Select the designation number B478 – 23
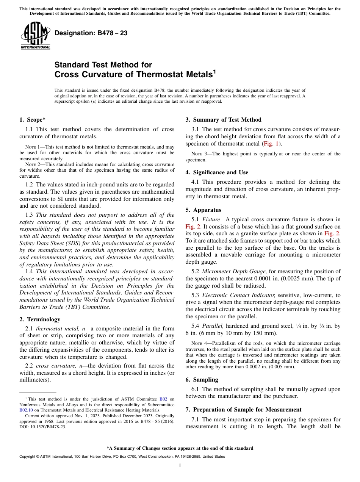click(91, 33)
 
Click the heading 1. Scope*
click(33, 120)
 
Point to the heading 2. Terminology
click(40, 319)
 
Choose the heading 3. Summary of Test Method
click(223, 120)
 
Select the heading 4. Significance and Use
click(217, 172)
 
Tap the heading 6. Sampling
click(202, 380)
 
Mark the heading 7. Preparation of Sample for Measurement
click(243, 410)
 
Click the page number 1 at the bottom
click(180, 466)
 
